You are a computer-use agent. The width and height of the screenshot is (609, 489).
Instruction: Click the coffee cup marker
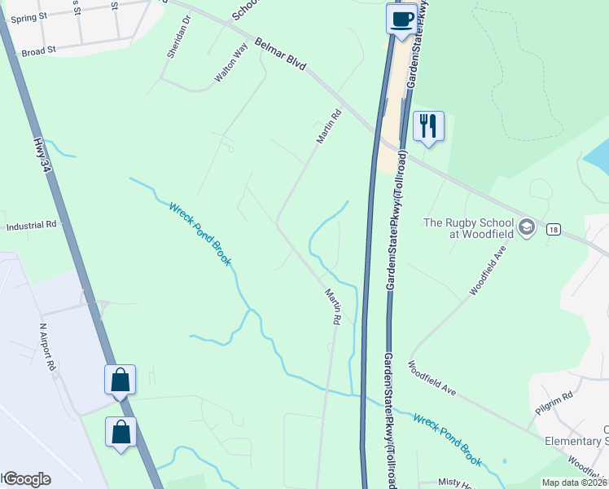[x=401, y=20]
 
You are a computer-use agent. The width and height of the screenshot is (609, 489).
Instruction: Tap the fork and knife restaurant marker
[x=428, y=126]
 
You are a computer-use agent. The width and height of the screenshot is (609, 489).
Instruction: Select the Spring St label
[x=24, y=16]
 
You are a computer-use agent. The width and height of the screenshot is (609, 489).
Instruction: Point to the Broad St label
[x=38, y=50]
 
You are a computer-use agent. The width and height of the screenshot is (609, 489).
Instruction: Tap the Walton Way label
[x=230, y=65]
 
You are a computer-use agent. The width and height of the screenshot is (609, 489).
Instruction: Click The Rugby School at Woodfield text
[x=467, y=228]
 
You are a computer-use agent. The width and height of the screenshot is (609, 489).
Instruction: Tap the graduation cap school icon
[x=526, y=227]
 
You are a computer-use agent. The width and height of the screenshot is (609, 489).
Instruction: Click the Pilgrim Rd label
[x=555, y=405]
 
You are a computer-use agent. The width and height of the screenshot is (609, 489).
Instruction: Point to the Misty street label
[x=455, y=482]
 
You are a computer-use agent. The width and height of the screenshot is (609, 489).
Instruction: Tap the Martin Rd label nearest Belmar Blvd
[x=329, y=129]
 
